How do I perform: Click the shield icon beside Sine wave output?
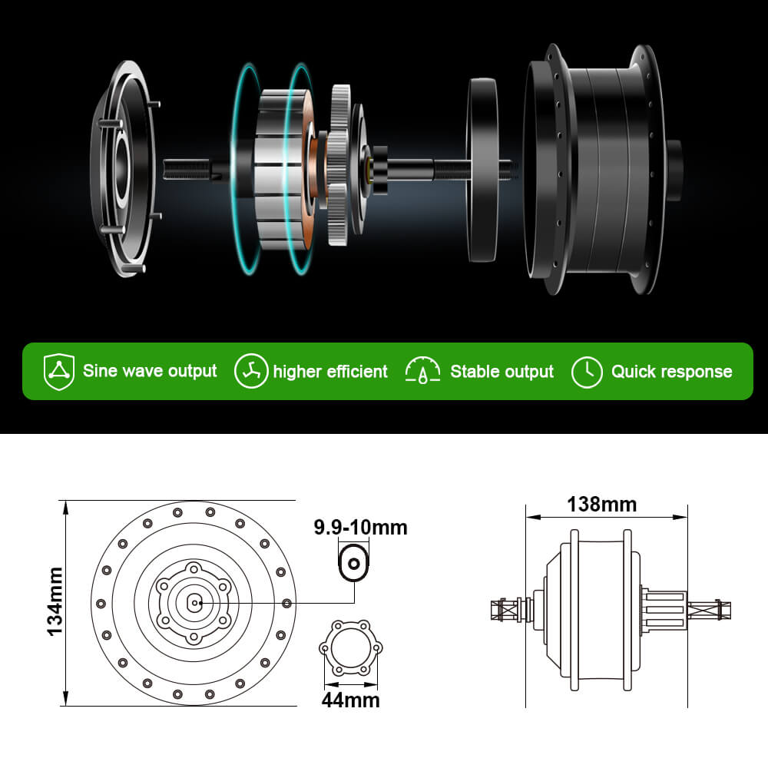coord(59,372)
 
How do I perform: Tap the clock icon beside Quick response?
coord(587,372)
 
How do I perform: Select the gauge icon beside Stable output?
coord(423,371)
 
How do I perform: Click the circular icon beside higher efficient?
coord(251,372)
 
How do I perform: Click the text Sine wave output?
coord(150,372)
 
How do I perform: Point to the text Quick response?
coord(671,372)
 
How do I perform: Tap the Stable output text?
coord(502,372)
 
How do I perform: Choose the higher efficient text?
coord(330,372)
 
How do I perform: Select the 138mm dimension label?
coord(602,505)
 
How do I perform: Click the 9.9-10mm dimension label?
coord(360,528)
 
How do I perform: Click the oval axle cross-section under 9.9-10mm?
coord(354,564)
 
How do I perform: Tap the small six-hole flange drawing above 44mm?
coord(350,650)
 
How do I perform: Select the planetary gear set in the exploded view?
coord(342,165)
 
